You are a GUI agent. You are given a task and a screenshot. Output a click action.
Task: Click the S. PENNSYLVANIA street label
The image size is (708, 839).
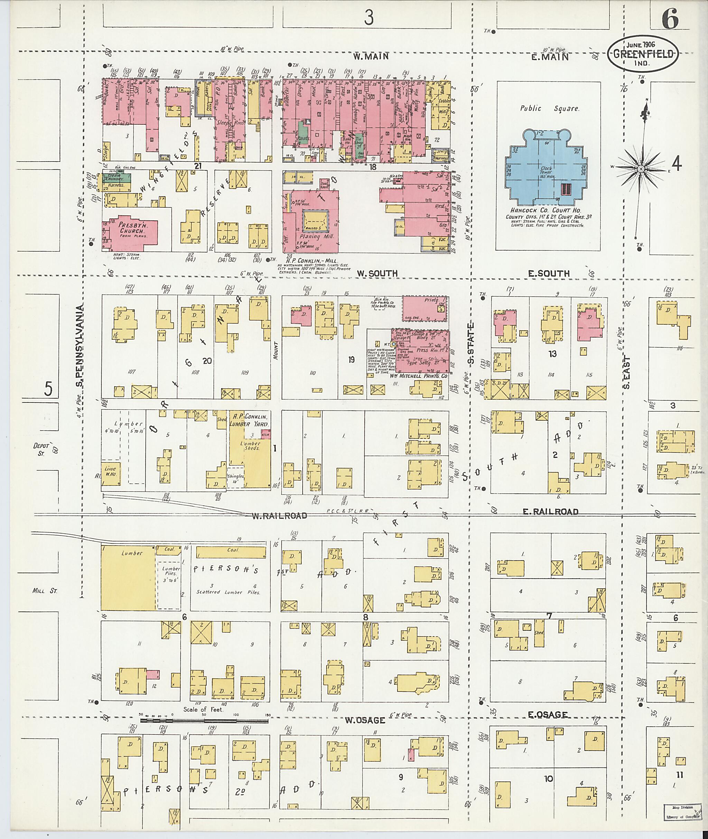tap(80, 347)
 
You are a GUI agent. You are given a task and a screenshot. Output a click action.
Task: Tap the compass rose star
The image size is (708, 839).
tap(641, 169)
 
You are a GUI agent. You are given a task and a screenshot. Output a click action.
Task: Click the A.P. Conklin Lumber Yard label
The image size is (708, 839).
tap(249, 420)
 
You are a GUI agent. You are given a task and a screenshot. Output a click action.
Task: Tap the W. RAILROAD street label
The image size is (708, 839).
tap(279, 516)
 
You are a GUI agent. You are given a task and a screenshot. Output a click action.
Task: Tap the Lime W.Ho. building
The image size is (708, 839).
tap(110, 470)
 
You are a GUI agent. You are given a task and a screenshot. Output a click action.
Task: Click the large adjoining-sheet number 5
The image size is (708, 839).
tap(48, 389)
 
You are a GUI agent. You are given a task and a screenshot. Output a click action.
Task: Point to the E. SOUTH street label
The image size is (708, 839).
tap(548, 274)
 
